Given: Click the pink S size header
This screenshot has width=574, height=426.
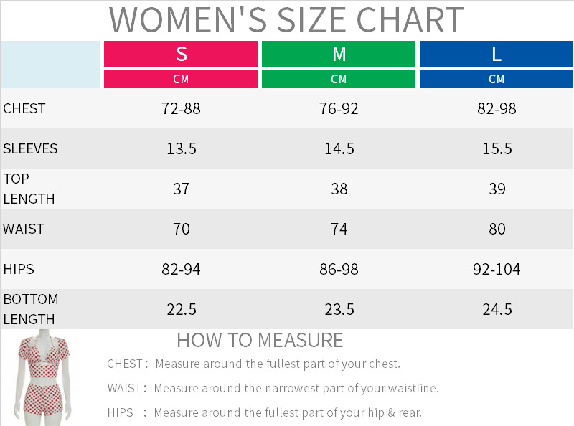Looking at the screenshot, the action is click(x=181, y=54).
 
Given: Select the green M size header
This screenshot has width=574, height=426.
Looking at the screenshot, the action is click(x=339, y=54).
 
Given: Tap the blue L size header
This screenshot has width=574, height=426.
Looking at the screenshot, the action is click(x=497, y=54).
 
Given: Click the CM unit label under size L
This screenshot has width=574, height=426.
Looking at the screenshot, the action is click(x=497, y=79).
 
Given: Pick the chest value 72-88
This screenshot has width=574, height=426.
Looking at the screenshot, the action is click(x=181, y=109).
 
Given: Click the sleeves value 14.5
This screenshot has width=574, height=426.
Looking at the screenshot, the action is click(x=339, y=149).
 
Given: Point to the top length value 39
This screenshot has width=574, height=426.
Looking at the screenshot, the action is click(x=497, y=189).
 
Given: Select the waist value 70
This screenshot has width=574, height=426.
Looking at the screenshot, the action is click(x=182, y=229).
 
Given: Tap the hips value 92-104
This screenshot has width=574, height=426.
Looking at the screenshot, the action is click(x=497, y=270).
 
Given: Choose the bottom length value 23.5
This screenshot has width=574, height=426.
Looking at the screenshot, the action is click(x=339, y=310).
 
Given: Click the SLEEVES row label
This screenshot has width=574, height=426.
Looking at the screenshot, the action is click(x=30, y=149).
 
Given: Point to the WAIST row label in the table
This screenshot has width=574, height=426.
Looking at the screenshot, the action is click(x=24, y=229).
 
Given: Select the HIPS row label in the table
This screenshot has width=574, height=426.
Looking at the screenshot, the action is click(x=19, y=270).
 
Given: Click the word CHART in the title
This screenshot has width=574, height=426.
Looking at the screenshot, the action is click(x=410, y=20).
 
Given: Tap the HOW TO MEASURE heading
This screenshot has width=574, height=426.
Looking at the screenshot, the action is click(x=260, y=340).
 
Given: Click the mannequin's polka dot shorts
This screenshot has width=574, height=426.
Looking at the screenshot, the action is click(x=43, y=398).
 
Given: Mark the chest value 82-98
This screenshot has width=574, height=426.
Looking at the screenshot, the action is click(x=497, y=109).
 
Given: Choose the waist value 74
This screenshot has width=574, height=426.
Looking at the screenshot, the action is click(x=339, y=229).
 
